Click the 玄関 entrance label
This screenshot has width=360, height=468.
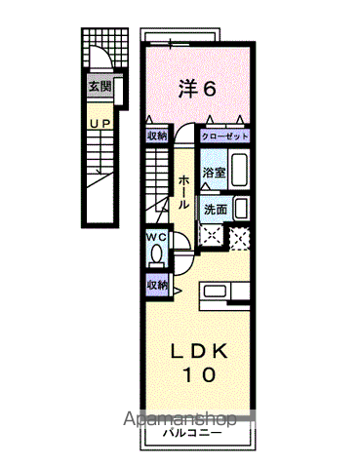(100, 87)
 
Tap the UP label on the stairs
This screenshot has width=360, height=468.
(100, 124)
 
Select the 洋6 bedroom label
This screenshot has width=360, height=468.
(197, 88)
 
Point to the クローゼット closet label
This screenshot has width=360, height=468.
(224, 136)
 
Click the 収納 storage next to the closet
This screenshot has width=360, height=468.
(157, 136)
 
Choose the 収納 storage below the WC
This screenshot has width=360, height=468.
(157, 285)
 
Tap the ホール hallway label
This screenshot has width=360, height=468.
(184, 192)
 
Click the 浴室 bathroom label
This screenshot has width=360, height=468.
(214, 173)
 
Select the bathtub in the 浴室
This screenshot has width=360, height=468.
(239, 169)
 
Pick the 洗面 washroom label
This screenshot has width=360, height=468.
(216, 210)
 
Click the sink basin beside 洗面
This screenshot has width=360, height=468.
(241, 209)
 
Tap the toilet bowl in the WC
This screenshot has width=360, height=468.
(156, 253)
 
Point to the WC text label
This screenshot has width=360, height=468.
(156, 237)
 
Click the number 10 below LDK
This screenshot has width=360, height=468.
(200, 374)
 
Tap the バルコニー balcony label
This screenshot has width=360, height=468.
(192, 433)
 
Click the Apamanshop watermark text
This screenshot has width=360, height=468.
(180, 419)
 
